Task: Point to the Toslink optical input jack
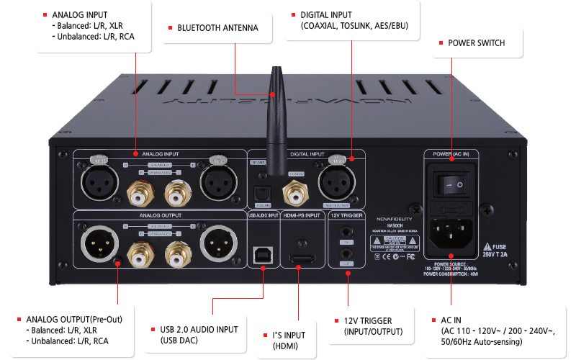coord(261,192)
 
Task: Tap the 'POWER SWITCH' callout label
coord(476,43)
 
